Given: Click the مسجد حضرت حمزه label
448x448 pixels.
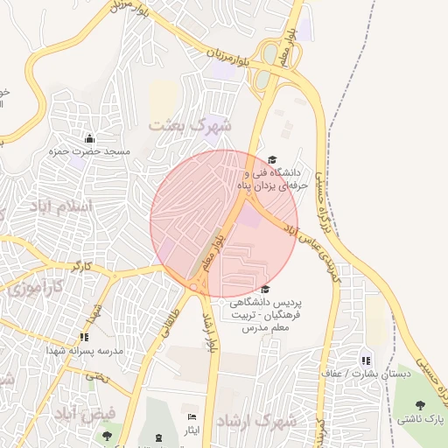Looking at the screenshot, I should tap(89, 151).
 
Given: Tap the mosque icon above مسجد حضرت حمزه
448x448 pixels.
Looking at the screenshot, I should tap(89, 138).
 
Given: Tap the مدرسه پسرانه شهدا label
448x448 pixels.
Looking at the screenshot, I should tap(83, 350).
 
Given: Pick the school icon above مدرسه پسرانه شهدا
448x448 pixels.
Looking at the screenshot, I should tap(84, 337).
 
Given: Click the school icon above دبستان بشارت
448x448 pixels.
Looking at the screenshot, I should tap(366, 360).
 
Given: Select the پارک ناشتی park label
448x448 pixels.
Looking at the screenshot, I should tap(422, 419).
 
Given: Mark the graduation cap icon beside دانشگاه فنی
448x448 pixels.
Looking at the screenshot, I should tap(272, 160).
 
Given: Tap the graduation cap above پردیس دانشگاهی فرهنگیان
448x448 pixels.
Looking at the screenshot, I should tap(265, 290).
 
